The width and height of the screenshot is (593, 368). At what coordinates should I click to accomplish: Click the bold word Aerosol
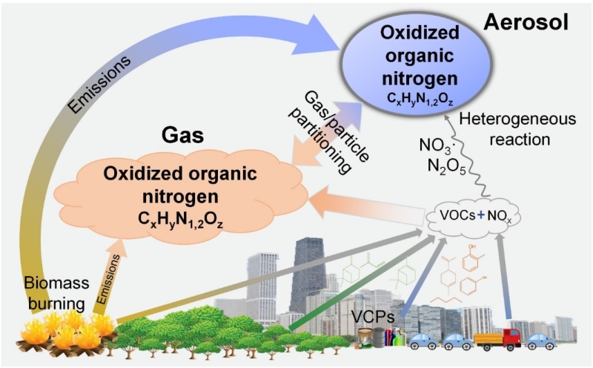coord(527,23)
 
